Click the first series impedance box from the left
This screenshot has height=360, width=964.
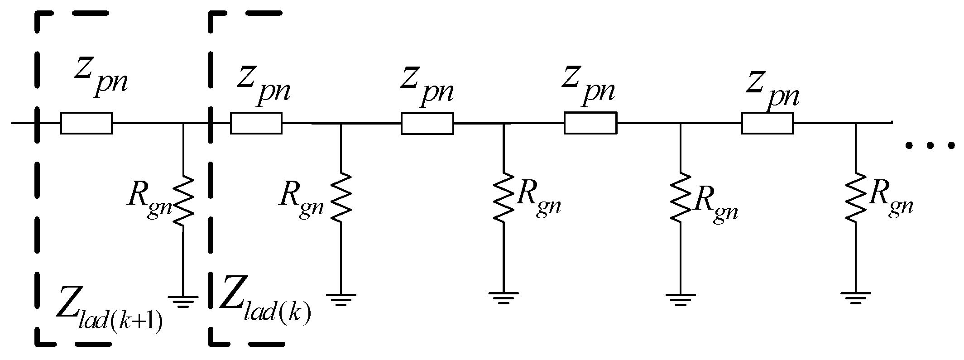pos(86,123)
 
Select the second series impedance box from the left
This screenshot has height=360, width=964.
pos(256,123)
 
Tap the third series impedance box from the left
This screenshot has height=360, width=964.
pos(427,123)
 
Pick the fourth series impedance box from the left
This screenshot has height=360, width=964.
pos(590,123)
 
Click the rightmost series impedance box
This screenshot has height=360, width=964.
pos(767,123)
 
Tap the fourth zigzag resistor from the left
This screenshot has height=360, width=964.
pos(681,198)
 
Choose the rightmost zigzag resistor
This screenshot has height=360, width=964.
pos(856,198)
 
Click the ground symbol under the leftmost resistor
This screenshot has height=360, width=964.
pos(183,301)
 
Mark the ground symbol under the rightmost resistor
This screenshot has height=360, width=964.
pos(856,298)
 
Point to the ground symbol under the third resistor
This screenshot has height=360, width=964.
pos(504,298)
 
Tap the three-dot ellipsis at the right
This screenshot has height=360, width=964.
pos(930,145)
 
